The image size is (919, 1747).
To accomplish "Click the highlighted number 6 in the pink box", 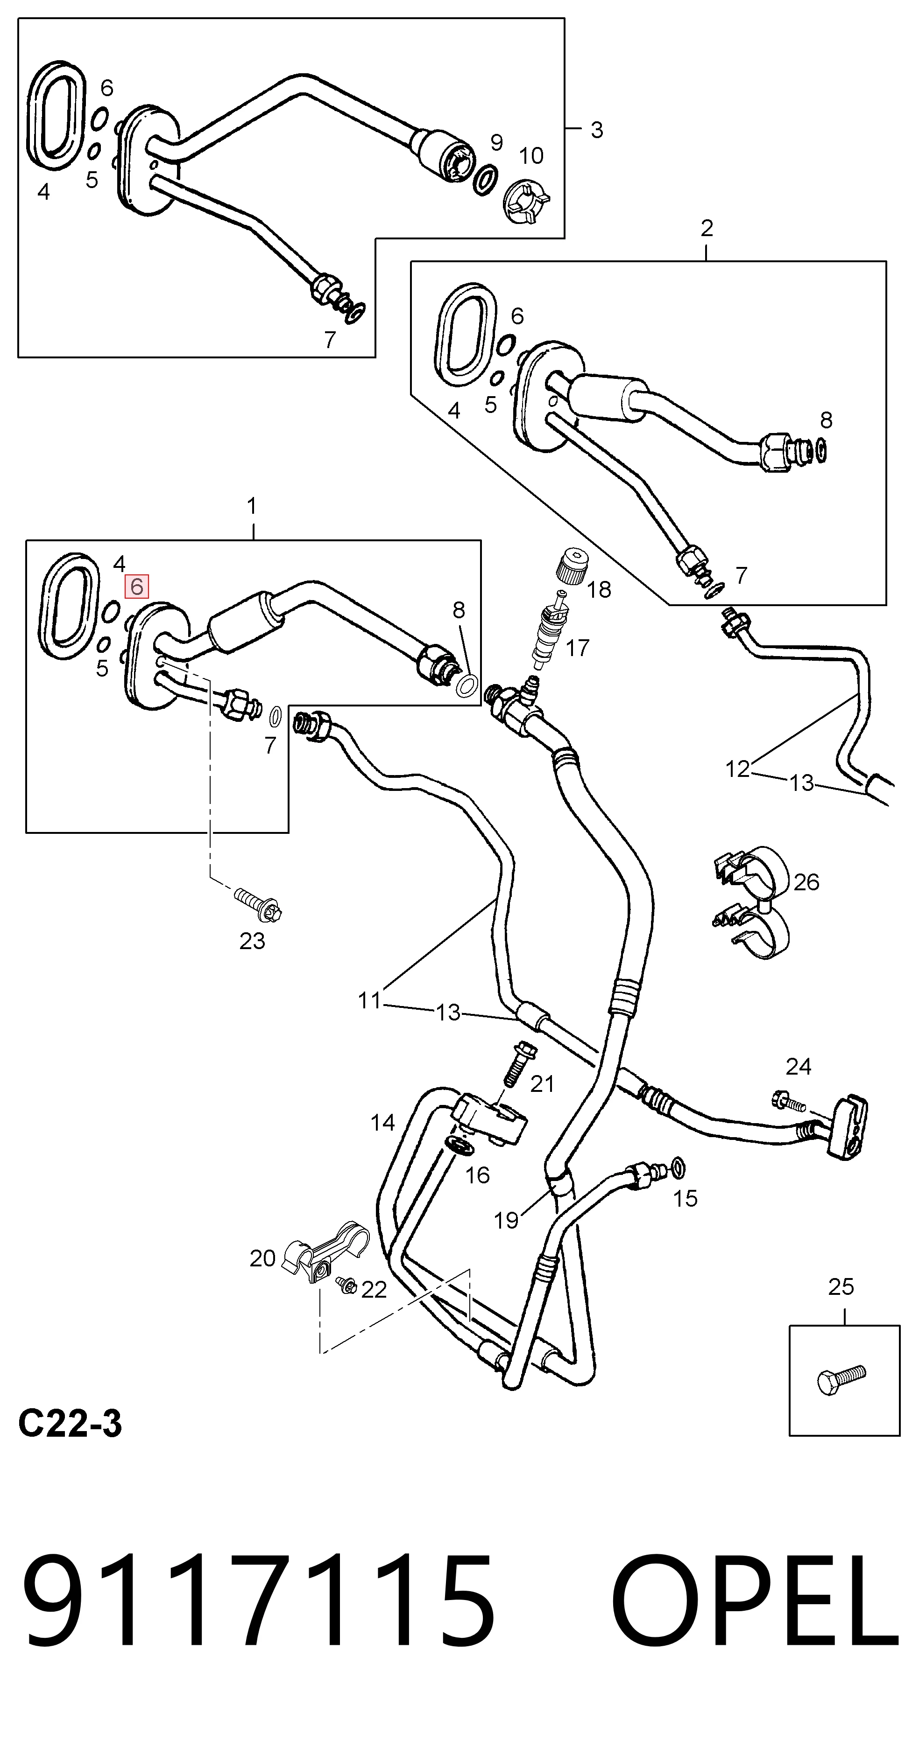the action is click(x=136, y=587).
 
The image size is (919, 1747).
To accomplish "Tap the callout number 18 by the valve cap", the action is click(x=599, y=589).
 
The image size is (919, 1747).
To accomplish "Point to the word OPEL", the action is click(x=756, y=1614).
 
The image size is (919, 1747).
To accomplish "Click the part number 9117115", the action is click(x=258, y=1614).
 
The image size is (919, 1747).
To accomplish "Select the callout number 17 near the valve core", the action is click(x=577, y=648).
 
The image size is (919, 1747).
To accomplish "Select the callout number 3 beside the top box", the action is click(x=597, y=130).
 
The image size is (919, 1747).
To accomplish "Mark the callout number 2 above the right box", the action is click(x=707, y=229).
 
